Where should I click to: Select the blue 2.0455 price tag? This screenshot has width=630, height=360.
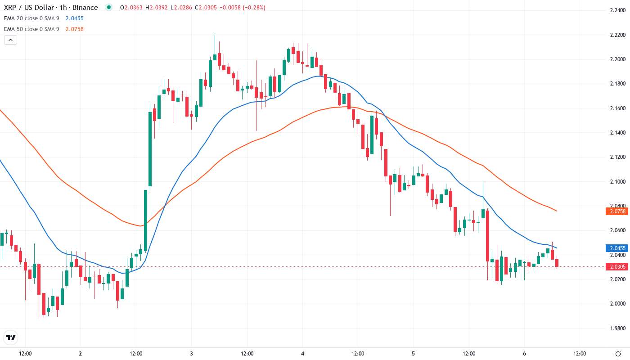618,248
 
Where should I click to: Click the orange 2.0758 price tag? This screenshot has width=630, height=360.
618,211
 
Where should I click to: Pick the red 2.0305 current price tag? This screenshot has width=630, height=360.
618,267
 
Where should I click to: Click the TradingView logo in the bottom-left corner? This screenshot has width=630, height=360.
11,337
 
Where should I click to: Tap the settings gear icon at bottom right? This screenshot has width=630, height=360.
618,353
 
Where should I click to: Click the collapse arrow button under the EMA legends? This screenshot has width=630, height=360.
10,40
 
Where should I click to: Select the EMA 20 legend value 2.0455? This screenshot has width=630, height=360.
75,18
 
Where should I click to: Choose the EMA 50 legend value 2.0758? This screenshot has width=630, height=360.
75,29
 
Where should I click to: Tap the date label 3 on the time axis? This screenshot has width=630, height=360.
192,353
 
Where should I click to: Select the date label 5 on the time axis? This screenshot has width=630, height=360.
414,353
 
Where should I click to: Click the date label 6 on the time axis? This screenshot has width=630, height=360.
524,353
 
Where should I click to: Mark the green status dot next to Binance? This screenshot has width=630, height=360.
108,7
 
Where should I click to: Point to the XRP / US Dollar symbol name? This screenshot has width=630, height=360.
30,8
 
